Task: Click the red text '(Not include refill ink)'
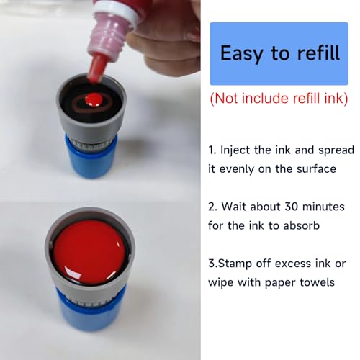point(282,100)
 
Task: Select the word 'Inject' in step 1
point(240,150)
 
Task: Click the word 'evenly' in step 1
point(253,168)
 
